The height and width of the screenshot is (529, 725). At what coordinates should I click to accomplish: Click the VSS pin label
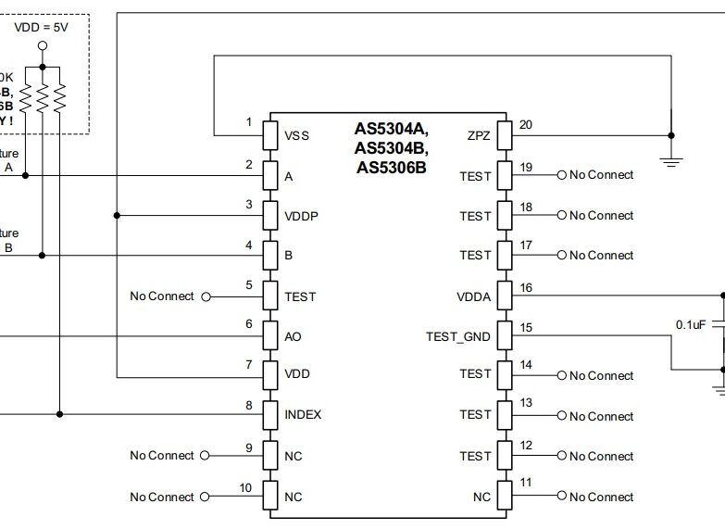tap(297, 136)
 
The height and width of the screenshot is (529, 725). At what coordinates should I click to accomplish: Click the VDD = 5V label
tap(43, 27)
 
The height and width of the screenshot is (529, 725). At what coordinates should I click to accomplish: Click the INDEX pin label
tap(303, 414)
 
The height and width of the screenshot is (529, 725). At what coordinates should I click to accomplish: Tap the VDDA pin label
tap(473, 296)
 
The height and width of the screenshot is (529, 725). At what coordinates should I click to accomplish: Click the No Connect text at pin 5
tap(162, 296)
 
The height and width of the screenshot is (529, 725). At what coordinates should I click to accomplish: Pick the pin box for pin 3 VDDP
tap(270, 215)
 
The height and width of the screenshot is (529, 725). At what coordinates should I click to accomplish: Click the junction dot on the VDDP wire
tap(117, 215)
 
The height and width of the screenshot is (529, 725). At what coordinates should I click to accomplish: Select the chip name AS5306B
tap(391, 168)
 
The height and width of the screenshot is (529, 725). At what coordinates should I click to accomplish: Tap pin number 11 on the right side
tap(526, 483)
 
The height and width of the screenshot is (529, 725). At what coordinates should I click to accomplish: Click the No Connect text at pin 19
tap(601, 175)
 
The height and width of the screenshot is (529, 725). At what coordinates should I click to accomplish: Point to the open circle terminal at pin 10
tap(206, 498)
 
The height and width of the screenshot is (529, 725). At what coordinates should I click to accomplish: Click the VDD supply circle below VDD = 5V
tap(43, 46)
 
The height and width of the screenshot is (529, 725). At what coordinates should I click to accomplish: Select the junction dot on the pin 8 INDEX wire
tap(60, 414)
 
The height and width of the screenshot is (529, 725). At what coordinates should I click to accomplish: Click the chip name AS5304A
tap(391, 131)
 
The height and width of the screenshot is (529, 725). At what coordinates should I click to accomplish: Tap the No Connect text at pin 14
tap(601, 375)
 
